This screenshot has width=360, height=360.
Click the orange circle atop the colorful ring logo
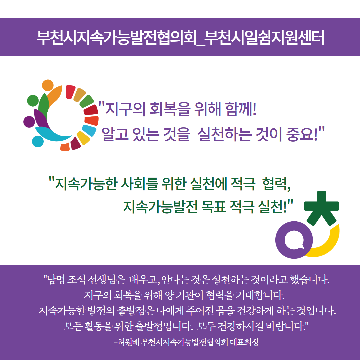[48, 85]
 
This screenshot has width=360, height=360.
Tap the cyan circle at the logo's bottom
[38, 141]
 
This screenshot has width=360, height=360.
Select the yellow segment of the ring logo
[83, 138]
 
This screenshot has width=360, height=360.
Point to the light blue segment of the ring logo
[89, 130]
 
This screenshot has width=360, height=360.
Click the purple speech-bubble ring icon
[294, 240]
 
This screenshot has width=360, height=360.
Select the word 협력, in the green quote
[277, 184]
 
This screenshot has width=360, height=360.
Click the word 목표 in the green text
[214, 206]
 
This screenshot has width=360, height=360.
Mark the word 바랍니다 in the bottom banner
[286, 326]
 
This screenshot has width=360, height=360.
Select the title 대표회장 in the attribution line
[244, 342]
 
